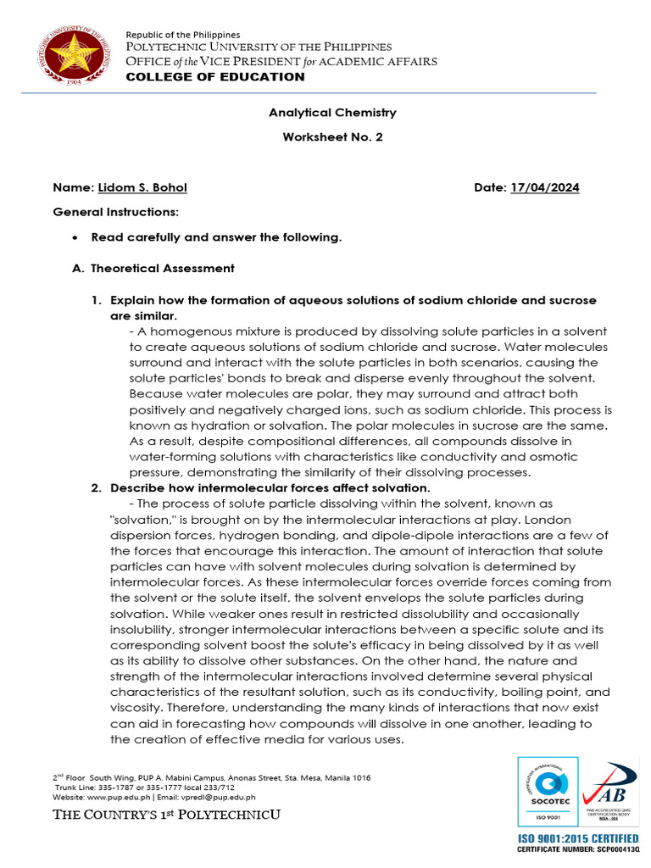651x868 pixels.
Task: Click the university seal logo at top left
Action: click(72, 56)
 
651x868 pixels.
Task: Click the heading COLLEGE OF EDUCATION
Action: click(215, 77)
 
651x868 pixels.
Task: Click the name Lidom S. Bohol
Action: click(142, 187)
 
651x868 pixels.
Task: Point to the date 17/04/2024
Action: click(544, 187)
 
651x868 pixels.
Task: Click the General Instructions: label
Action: click(115, 210)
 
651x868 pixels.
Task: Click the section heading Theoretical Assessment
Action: click(162, 269)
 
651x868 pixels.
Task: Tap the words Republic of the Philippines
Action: click(183, 35)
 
